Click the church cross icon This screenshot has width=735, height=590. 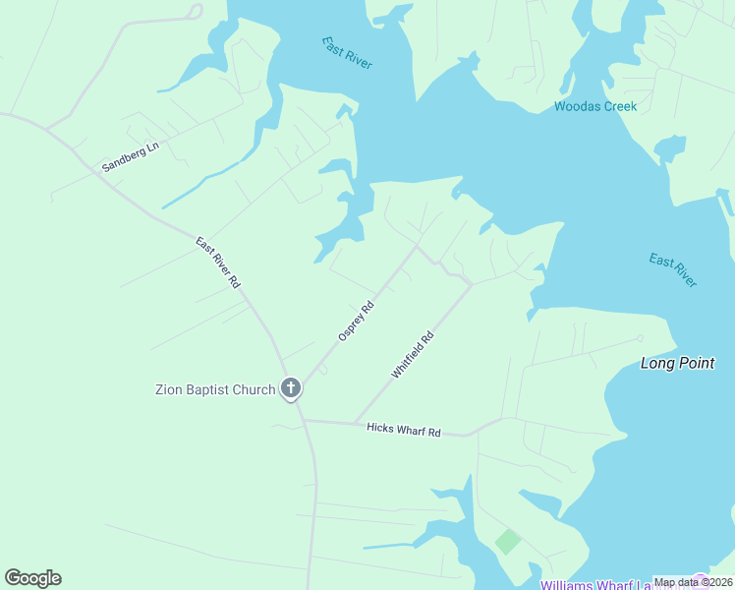290,388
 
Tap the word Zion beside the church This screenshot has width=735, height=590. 171,389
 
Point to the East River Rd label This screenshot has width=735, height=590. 218,263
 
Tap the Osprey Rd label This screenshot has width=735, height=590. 357,321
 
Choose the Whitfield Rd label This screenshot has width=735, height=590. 413,356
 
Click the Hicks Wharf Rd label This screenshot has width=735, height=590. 404,430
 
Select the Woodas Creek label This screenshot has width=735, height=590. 595,106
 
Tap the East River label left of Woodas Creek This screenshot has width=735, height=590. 347,52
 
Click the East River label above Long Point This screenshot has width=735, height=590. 673,270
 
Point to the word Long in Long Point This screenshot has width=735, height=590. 658,363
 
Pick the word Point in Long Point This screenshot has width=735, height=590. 699,363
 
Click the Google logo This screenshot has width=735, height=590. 32,578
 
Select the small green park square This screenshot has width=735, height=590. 507,541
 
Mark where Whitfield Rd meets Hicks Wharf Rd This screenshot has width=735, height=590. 355,424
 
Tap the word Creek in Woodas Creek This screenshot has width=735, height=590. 618,106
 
